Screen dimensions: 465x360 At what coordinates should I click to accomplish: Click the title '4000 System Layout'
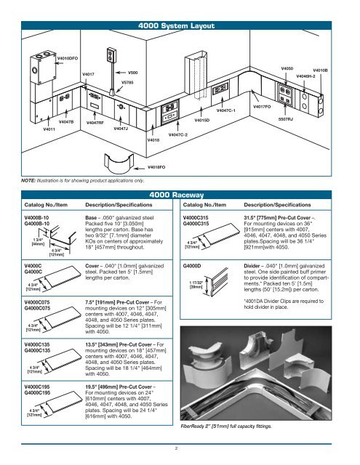(179, 27)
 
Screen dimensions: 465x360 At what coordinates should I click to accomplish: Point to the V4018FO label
(159, 166)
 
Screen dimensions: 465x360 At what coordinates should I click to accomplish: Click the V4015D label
(201, 120)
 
